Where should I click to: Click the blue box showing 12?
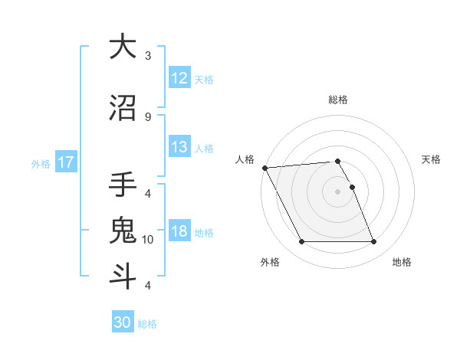(179, 78)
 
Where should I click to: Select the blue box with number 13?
(179, 147)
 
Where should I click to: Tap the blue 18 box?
(179, 231)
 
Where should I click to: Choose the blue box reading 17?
(65, 162)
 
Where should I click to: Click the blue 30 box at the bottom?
(123, 322)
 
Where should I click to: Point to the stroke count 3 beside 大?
(148, 56)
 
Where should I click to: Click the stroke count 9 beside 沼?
(148, 116)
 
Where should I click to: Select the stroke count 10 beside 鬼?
(148, 240)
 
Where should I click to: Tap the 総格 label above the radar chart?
(338, 100)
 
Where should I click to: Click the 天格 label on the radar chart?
(431, 159)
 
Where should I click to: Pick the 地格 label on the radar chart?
(402, 262)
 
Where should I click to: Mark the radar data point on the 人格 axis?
(264, 168)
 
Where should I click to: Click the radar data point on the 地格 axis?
(373, 242)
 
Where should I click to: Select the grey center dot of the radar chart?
(337, 191)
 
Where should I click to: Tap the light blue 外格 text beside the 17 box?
(40, 163)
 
